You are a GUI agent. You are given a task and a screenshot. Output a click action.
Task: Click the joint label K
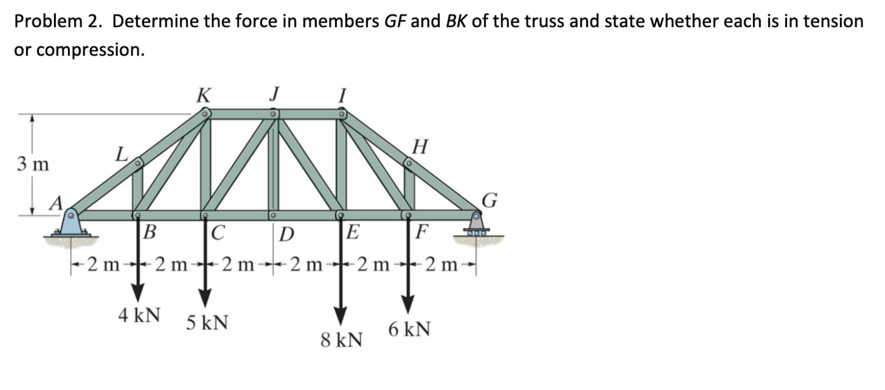[203, 95]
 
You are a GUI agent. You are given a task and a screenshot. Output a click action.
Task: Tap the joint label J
[275, 93]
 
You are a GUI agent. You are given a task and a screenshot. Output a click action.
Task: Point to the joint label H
[420, 146]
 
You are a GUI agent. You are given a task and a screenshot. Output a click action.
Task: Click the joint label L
[121, 155]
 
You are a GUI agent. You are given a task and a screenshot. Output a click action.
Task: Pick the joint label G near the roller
[489, 200]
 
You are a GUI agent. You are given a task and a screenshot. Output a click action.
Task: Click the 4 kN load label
[139, 315]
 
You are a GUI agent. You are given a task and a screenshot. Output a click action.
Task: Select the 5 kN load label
[207, 322]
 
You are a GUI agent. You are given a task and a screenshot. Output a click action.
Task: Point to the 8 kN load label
[342, 340]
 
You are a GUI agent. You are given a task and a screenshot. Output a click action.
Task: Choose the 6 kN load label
[409, 330]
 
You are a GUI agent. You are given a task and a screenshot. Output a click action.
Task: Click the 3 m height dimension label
[33, 164]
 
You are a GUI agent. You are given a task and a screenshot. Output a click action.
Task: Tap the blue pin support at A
[71, 225]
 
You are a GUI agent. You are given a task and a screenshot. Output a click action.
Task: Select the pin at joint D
[273, 214]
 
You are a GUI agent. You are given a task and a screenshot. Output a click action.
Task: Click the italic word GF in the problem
[396, 21]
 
